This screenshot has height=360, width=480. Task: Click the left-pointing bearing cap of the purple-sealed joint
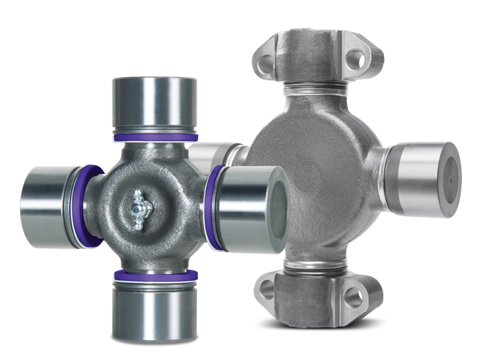[x=48, y=207]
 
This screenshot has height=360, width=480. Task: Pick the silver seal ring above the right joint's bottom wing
[x=314, y=265]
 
